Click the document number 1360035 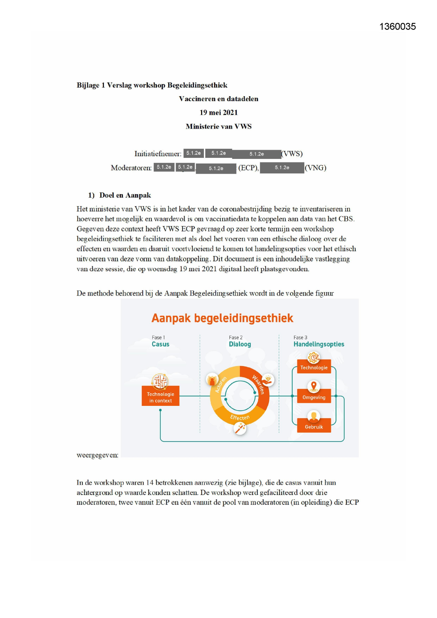click(397, 27)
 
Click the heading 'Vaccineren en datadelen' click(218, 99)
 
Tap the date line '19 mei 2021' click(218, 113)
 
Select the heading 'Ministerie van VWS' click(218, 126)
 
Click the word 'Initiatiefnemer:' click(158, 154)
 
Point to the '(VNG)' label click(316, 168)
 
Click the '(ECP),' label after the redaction click(248, 168)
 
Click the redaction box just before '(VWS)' click(256, 154)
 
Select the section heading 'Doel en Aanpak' click(125, 196)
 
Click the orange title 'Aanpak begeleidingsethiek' click(222, 318)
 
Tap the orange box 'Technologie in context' click(161, 397)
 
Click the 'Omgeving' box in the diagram click(314, 397)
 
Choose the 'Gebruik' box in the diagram click(314, 427)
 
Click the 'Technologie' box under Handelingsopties click(314, 367)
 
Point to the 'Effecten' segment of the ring click(240, 418)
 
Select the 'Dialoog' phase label click(240, 344)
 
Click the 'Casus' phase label click(161, 344)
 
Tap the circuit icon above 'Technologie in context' click(160, 381)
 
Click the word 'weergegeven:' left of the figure click(98, 455)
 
